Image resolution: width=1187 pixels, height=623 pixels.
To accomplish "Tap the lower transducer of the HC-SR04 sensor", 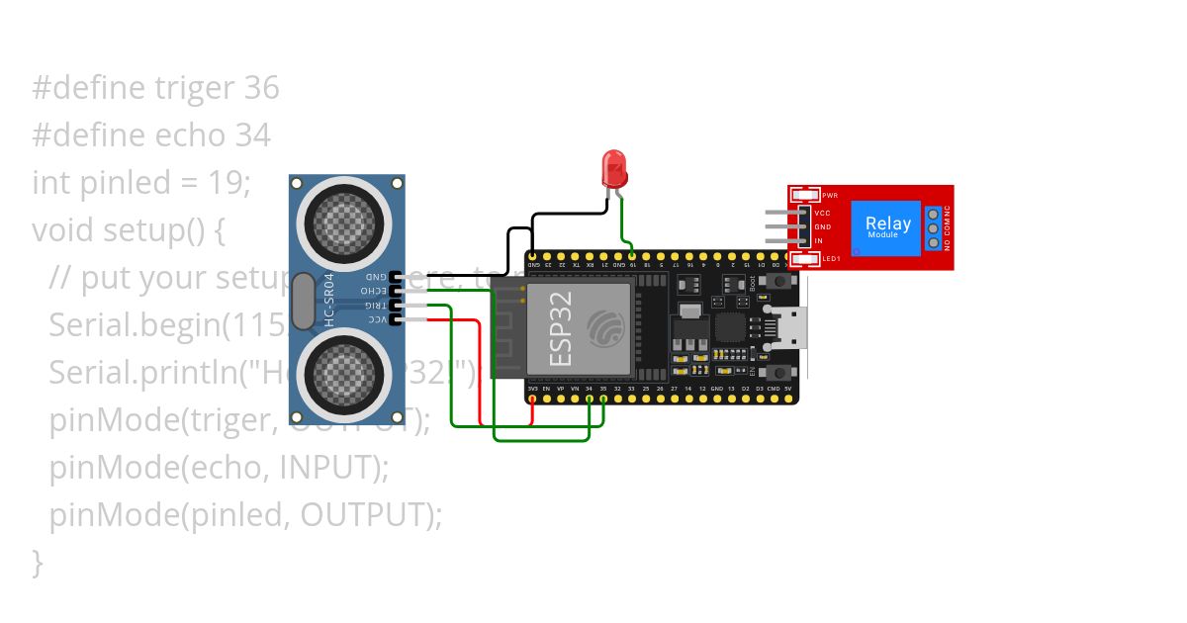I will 344,373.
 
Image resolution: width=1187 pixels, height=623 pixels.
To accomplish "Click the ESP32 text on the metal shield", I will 561,335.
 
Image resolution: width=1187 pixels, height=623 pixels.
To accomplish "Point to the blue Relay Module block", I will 887,226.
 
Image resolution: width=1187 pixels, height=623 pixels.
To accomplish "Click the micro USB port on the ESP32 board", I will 791,327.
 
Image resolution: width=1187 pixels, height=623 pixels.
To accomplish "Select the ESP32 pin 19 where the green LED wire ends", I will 632,254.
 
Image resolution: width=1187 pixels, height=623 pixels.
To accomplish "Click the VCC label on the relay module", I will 821,214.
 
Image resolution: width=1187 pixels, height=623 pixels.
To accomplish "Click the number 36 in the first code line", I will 261,89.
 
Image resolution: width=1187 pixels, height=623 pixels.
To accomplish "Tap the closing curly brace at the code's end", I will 38,563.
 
